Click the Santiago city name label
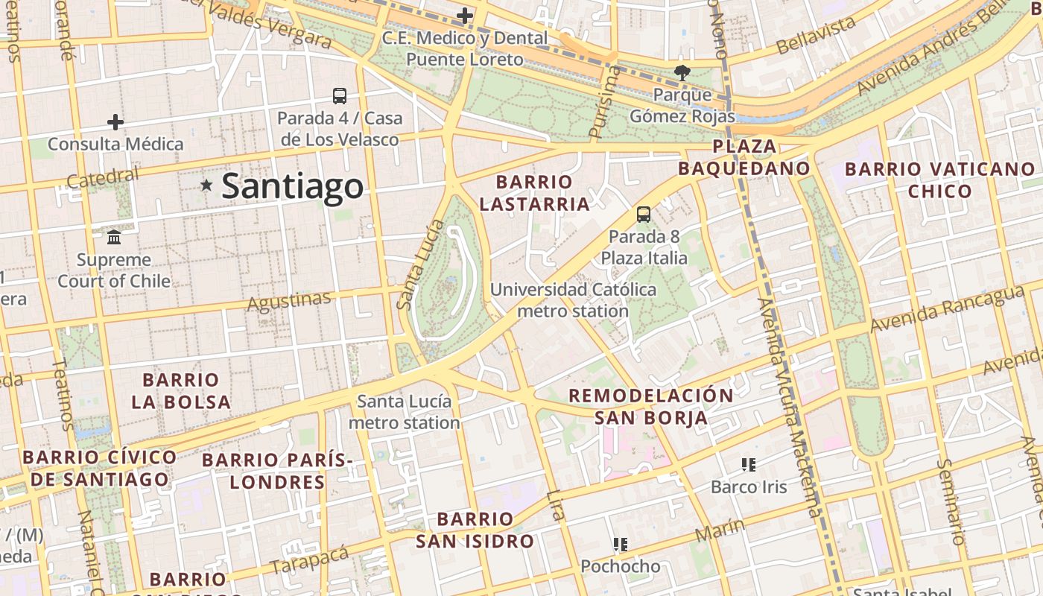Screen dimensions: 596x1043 [x=292, y=186]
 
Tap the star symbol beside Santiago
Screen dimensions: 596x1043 [x=206, y=185]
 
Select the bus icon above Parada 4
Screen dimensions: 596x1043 [x=340, y=96]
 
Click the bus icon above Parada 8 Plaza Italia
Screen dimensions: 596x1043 [x=644, y=215]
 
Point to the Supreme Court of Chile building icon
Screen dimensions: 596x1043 [x=115, y=238]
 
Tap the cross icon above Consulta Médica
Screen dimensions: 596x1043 [x=115, y=122]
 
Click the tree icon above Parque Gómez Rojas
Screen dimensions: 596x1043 [x=682, y=72]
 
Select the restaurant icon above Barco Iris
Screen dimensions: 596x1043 [x=749, y=465]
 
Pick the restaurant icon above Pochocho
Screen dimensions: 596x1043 [x=620, y=545]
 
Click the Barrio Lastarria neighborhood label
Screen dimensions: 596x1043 [x=534, y=193]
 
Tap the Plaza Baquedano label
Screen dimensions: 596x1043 [x=744, y=157]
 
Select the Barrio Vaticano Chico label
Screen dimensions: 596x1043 [x=939, y=180]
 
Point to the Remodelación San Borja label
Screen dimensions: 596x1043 [x=651, y=406]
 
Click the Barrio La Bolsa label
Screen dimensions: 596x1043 [x=181, y=391]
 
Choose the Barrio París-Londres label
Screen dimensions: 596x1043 [x=277, y=470]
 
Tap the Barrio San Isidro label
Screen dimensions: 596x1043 [x=475, y=530]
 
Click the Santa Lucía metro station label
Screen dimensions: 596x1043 [x=405, y=412]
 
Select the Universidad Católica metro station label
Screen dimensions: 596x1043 [x=573, y=299]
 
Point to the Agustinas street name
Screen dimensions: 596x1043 [x=288, y=302]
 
